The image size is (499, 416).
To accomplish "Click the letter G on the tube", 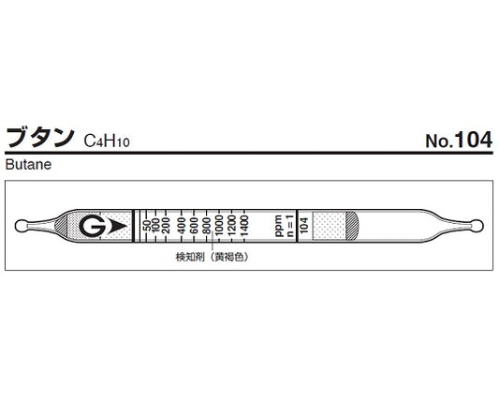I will coord(90,227).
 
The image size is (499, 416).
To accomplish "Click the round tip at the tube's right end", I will coord(476,226).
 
